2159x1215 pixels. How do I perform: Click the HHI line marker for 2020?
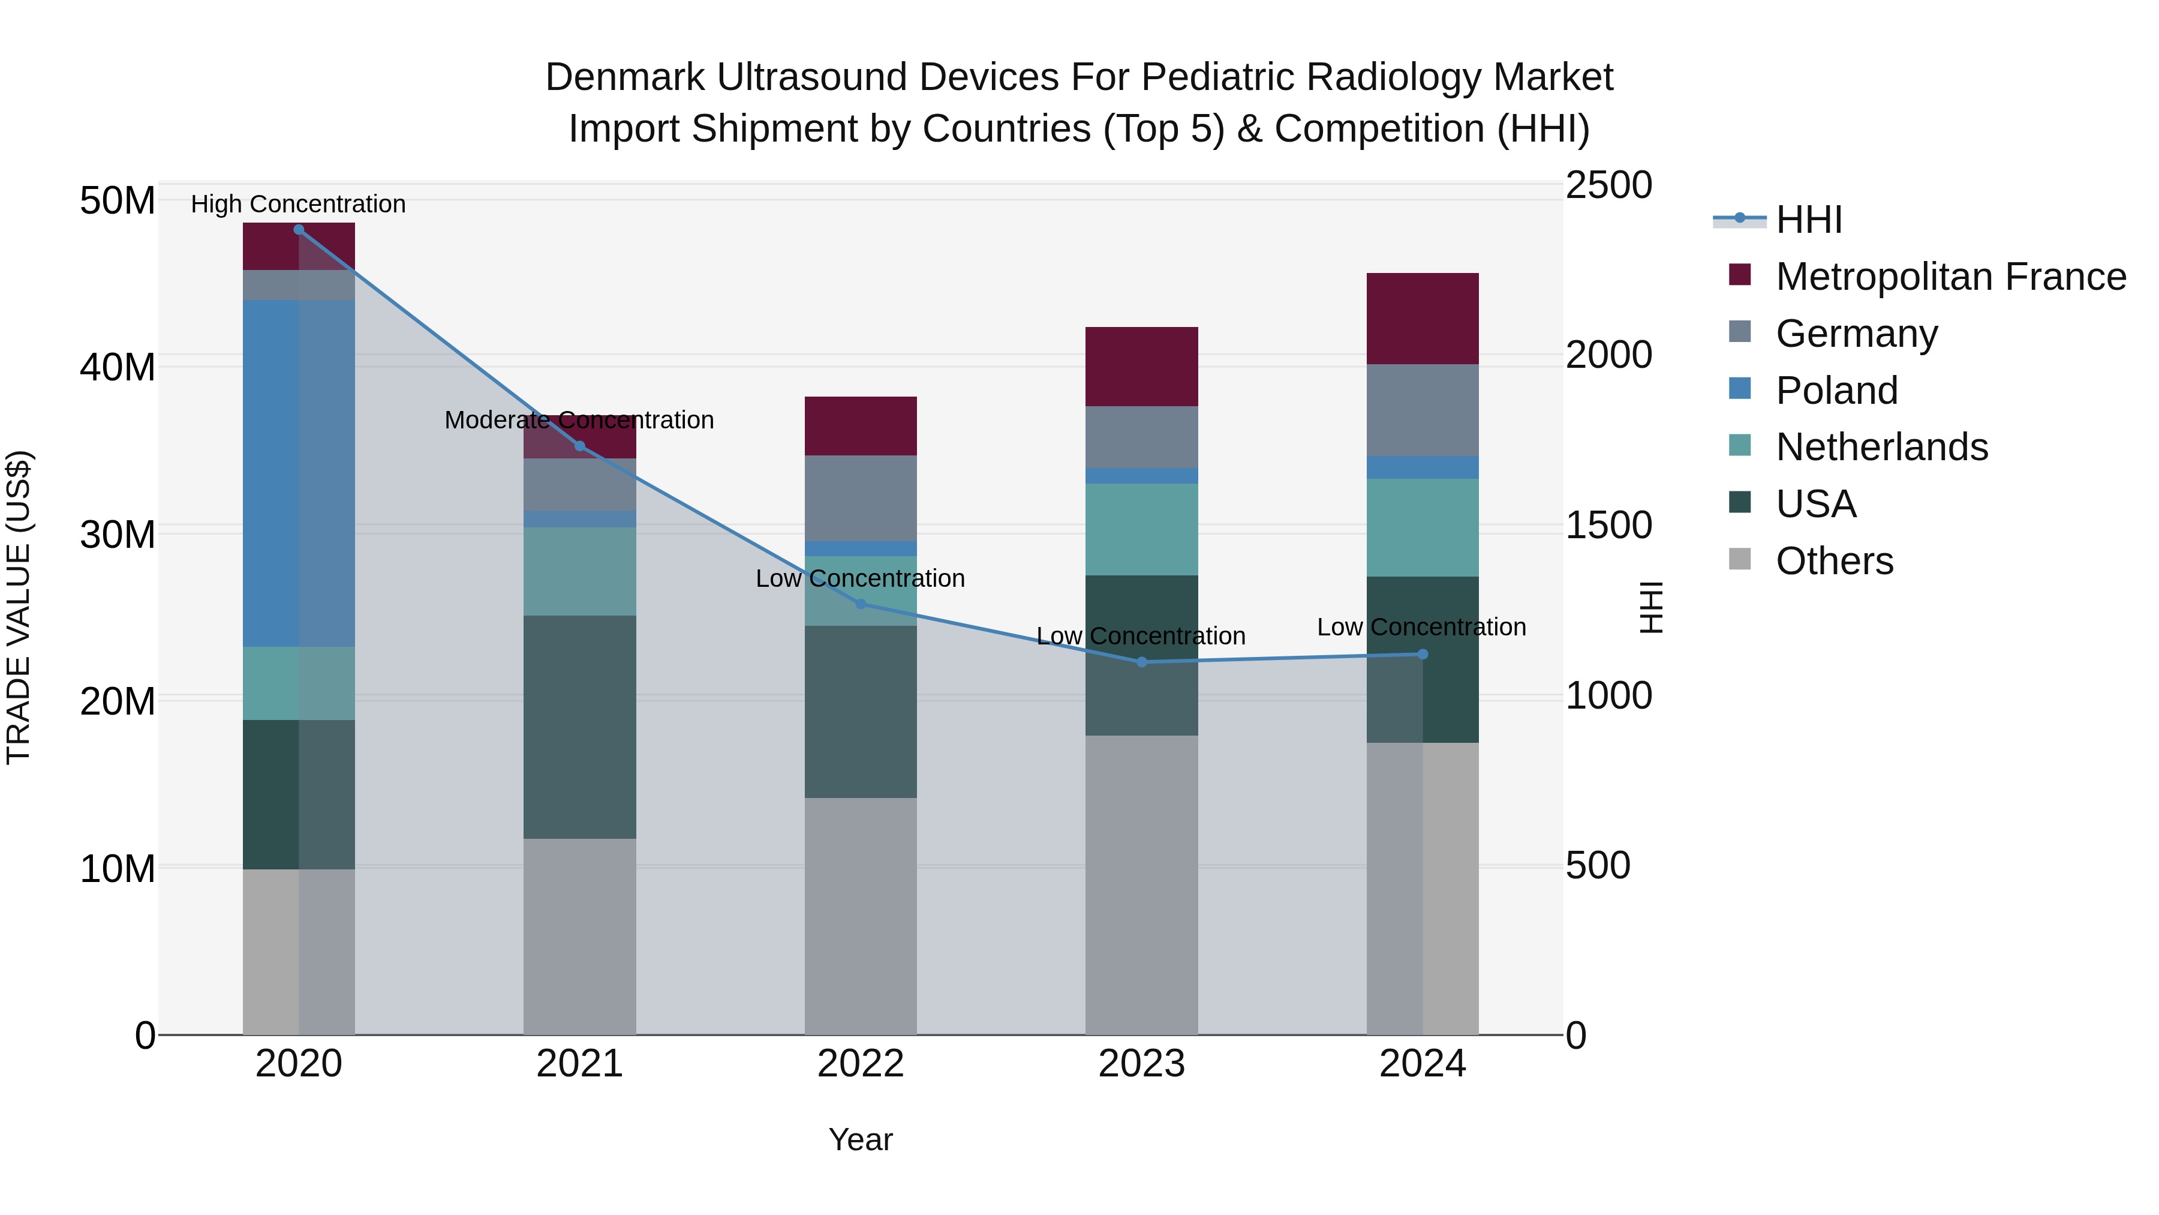click(299, 230)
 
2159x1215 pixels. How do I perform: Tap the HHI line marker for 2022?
click(860, 604)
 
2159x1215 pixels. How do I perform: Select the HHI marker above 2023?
click(1141, 662)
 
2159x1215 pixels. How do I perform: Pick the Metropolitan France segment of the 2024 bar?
click(1423, 319)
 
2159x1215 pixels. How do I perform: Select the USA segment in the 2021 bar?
click(579, 727)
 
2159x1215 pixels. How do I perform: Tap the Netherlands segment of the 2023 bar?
click(1141, 529)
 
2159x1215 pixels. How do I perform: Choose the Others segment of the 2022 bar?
click(860, 916)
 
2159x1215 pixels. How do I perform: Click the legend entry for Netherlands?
click(1881, 447)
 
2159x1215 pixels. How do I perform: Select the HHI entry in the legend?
click(1809, 220)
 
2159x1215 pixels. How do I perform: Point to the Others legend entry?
click(1834, 561)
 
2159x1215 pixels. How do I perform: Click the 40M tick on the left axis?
click(118, 367)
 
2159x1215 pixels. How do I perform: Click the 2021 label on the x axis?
click(579, 1064)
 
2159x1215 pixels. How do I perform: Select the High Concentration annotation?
click(299, 204)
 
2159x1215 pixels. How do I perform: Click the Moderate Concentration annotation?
click(579, 419)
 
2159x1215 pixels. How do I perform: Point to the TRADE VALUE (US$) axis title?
click(19, 607)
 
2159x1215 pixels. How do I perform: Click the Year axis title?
click(860, 1139)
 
